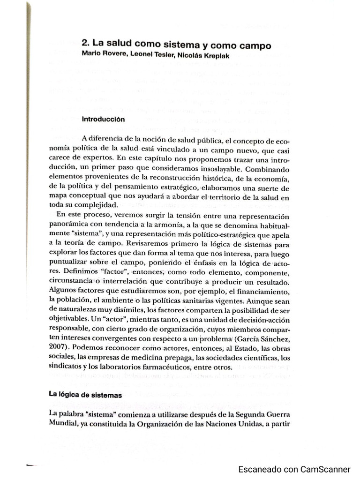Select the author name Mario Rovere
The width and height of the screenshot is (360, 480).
click(100, 54)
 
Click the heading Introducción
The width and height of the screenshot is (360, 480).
click(103, 119)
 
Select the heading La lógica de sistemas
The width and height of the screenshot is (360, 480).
click(85, 395)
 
